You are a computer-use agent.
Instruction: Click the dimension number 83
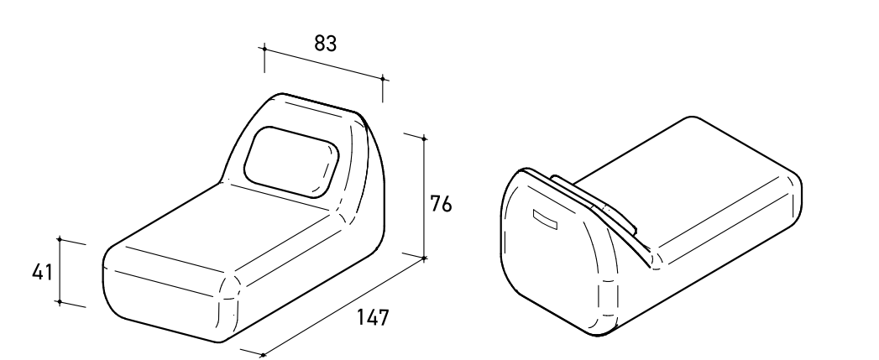tap(325, 43)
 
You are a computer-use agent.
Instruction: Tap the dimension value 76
tap(441, 204)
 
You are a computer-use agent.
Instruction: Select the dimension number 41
tap(42, 273)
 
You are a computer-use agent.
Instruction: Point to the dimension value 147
tap(373, 317)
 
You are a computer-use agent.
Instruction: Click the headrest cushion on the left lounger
tap(291, 162)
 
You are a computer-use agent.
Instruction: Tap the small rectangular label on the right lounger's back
tap(545, 219)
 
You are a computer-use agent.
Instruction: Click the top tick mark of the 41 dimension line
tap(60, 239)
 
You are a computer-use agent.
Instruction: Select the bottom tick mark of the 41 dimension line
tap(60, 303)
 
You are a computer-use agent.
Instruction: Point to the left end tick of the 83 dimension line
tap(264, 49)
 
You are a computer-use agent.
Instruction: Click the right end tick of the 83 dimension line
tap(383, 79)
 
